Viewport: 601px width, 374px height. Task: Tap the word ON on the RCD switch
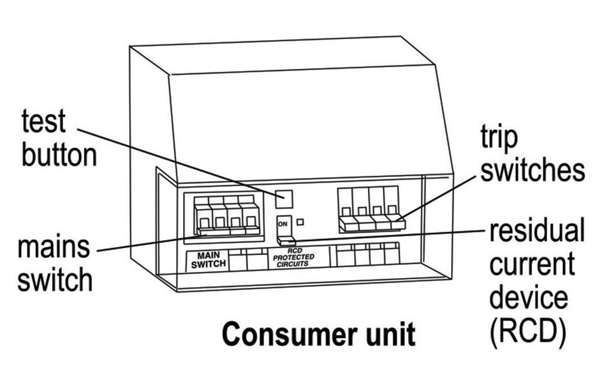pos(282,223)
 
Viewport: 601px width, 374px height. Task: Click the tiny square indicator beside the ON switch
pos(301,221)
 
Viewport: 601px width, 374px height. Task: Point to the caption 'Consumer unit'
pos(317,334)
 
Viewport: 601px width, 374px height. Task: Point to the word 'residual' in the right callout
pos(536,231)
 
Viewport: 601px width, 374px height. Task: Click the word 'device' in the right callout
pos(528,298)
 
